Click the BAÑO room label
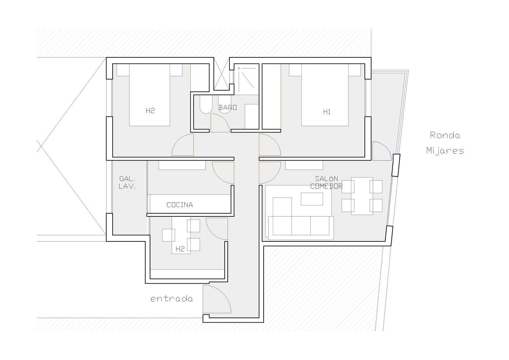click(x=228, y=107)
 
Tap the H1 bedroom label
click(x=327, y=112)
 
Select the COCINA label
click(x=180, y=205)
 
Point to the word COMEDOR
click(x=326, y=186)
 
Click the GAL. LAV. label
click(x=127, y=183)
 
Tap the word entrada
click(x=172, y=299)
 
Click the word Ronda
click(x=445, y=135)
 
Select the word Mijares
click(x=445, y=151)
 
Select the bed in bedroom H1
click(x=325, y=95)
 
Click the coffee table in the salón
click(x=312, y=199)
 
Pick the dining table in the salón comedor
click(x=362, y=196)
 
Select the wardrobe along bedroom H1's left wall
click(x=271, y=97)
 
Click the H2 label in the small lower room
click(x=180, y=249)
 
